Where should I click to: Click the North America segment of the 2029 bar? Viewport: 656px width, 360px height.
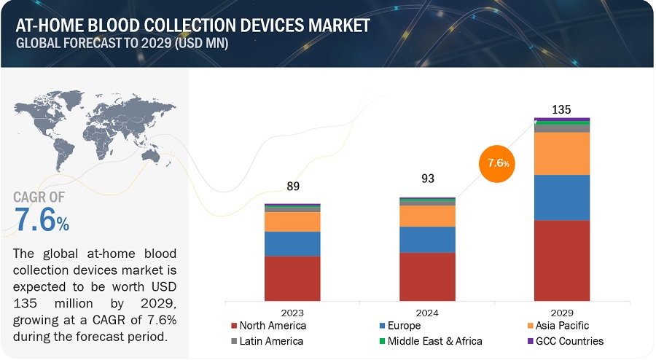click(562, 259)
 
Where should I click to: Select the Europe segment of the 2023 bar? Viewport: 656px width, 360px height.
click(292, 243)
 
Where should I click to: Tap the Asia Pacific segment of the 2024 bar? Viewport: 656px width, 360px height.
click(427, 216)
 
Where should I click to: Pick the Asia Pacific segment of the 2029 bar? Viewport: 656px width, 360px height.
click(562, 153)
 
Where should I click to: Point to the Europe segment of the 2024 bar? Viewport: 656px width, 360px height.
click(427, 239)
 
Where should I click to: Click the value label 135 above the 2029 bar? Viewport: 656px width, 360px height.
click(561, 109)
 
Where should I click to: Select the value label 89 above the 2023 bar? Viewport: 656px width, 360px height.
click(292, 187)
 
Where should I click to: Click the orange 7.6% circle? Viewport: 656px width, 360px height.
click(497, 163)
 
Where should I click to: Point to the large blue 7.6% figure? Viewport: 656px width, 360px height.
click(42, 220)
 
